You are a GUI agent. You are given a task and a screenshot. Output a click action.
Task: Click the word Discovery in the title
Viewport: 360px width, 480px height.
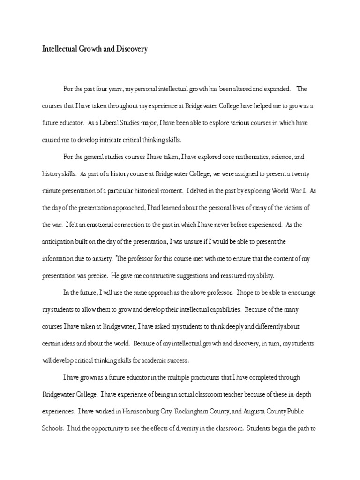[131, 49]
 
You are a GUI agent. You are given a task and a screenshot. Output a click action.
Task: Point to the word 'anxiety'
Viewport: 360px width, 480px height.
[102, 259]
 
